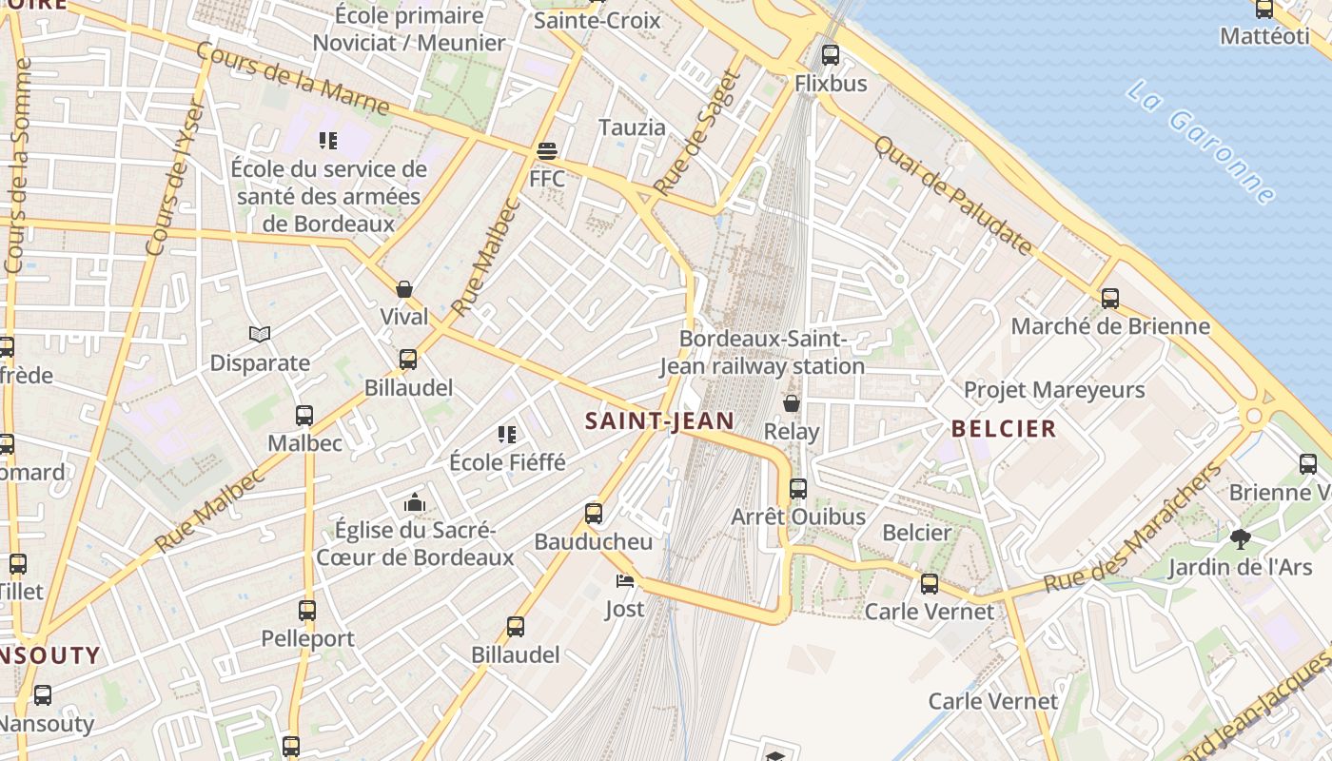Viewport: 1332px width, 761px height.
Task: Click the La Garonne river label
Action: coord(1202,143)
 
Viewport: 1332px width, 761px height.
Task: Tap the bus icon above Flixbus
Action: coord(831,54)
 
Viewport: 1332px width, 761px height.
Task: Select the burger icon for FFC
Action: coord(546,150)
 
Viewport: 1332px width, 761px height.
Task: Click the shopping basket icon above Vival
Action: coord(404,289)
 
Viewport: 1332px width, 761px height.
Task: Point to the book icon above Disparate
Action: coord(260,334)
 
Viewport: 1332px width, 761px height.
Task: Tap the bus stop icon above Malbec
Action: coord(304,415)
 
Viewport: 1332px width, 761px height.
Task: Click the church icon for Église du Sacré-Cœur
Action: coord(415,501)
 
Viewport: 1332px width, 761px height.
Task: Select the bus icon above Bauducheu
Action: coord(594,514)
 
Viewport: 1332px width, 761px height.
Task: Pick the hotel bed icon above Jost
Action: coord(624,580)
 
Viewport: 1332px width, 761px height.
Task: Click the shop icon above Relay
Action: coord(791,403)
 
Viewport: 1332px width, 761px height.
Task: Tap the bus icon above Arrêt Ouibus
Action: coord(798,489)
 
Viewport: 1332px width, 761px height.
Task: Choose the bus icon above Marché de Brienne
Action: coord(1109,299)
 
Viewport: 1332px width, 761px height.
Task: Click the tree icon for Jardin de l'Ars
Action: coord(1240,539)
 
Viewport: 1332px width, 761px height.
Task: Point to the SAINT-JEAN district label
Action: coord(659,420)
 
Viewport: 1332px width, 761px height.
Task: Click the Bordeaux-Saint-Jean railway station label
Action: coord(762,352)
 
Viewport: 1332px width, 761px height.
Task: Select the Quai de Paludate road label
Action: coord(951,195)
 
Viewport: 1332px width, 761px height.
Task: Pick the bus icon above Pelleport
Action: coord(306,611)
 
